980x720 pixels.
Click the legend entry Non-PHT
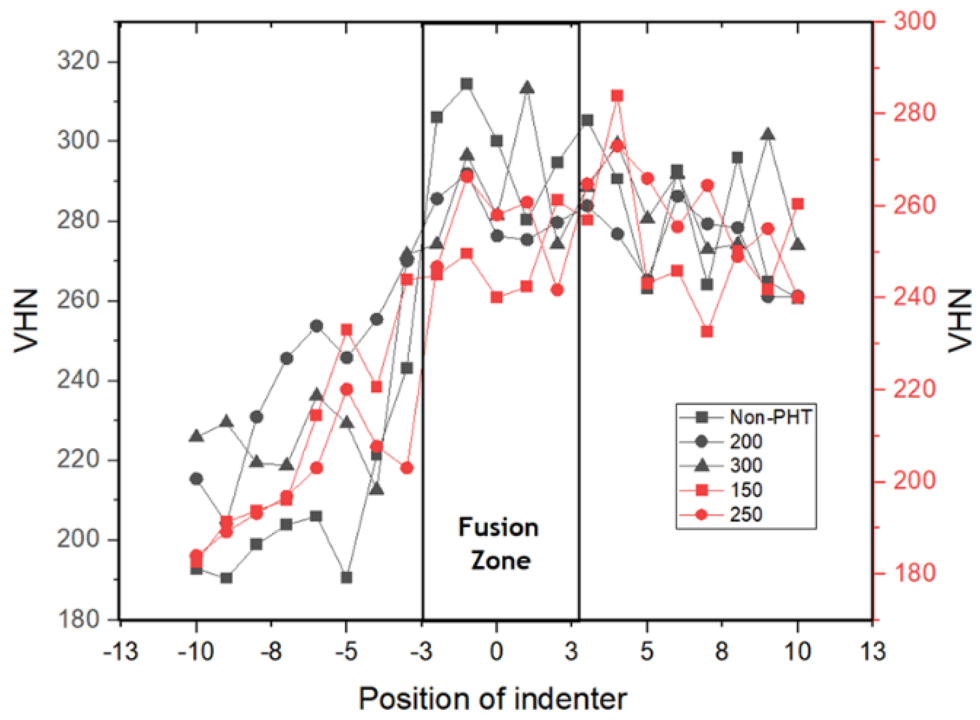(770, 417)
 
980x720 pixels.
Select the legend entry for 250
(746, 514)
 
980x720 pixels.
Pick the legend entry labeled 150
(746, 490)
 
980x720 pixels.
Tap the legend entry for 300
(746, 465)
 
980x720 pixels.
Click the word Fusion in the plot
(498, 527)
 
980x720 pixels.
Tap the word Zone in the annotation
(501, 561)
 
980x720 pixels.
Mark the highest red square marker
(617, 96)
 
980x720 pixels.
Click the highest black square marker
(467, 84)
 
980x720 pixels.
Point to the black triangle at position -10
(196, 435)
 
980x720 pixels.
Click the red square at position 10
(798, 204)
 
